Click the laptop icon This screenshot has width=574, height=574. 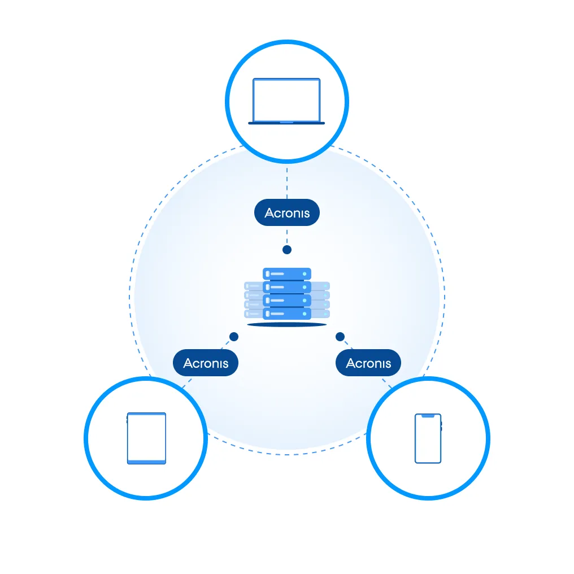286,102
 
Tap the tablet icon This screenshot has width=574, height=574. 146,438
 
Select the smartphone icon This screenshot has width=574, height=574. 428,438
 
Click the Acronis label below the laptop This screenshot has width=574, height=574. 286,214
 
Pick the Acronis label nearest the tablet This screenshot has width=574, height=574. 206,363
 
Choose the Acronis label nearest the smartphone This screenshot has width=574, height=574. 368,363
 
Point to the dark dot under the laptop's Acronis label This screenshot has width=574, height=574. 287,249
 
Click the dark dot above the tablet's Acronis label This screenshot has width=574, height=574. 234,337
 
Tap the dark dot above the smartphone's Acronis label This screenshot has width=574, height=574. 340,337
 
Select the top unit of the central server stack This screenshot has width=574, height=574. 287,274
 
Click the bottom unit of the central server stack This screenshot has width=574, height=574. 287,314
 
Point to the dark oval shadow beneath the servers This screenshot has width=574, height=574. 287,325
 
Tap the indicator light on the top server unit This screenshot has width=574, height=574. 305,274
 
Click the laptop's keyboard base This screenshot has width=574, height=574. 286,123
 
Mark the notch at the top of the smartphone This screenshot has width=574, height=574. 428,416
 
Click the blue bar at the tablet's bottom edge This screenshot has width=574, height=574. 146,462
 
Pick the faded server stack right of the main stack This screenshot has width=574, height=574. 321,300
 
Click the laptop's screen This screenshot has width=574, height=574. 286,99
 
